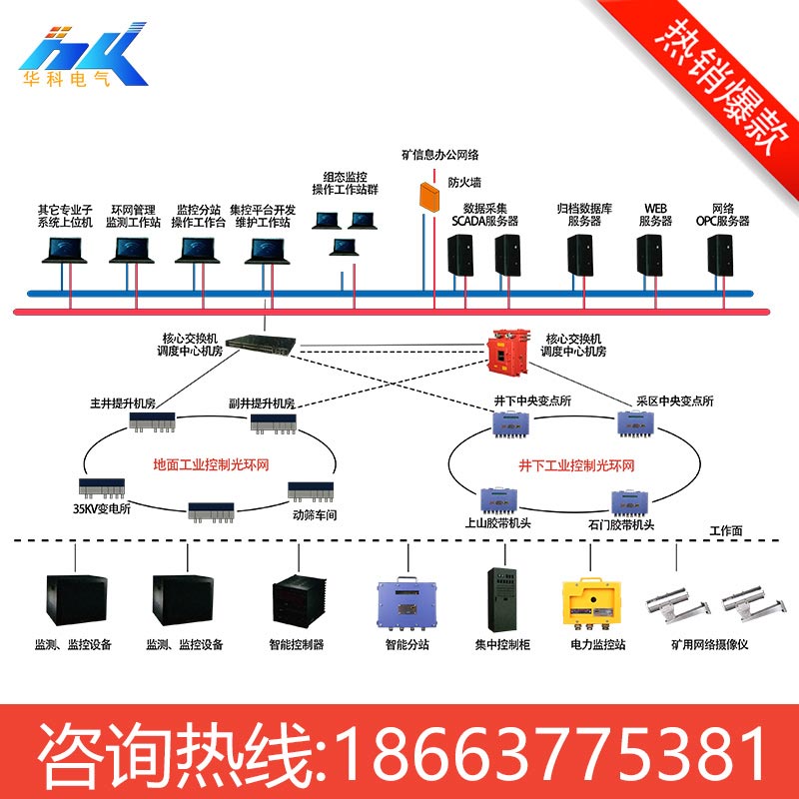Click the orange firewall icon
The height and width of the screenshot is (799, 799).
click(429, 196)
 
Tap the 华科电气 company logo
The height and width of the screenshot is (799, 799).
click(83, 55)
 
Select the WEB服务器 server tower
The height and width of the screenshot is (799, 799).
click(650, 255)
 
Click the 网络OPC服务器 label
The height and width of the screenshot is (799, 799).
click(722, 215)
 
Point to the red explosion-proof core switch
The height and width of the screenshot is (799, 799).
click(506, 352)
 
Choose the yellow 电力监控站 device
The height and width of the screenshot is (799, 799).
click(591, 604)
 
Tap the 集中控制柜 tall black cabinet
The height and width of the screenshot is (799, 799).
click(502, 599)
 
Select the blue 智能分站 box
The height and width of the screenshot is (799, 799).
click(407, 604)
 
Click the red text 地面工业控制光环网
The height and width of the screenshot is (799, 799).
click(211, 464)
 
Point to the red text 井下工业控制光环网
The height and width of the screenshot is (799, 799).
click(576, 465)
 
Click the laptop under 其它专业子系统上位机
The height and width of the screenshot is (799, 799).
click(64, 251)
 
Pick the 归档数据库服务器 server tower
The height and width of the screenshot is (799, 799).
click(580, 255)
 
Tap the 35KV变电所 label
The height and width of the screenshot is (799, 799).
click(102, 508)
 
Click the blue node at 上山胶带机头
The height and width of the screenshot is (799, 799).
click(498, 500)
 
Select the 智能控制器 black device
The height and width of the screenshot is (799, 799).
click(299, 601)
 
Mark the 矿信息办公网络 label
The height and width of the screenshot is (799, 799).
click(439, 155)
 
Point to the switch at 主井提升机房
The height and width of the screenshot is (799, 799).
click(152, 421)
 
